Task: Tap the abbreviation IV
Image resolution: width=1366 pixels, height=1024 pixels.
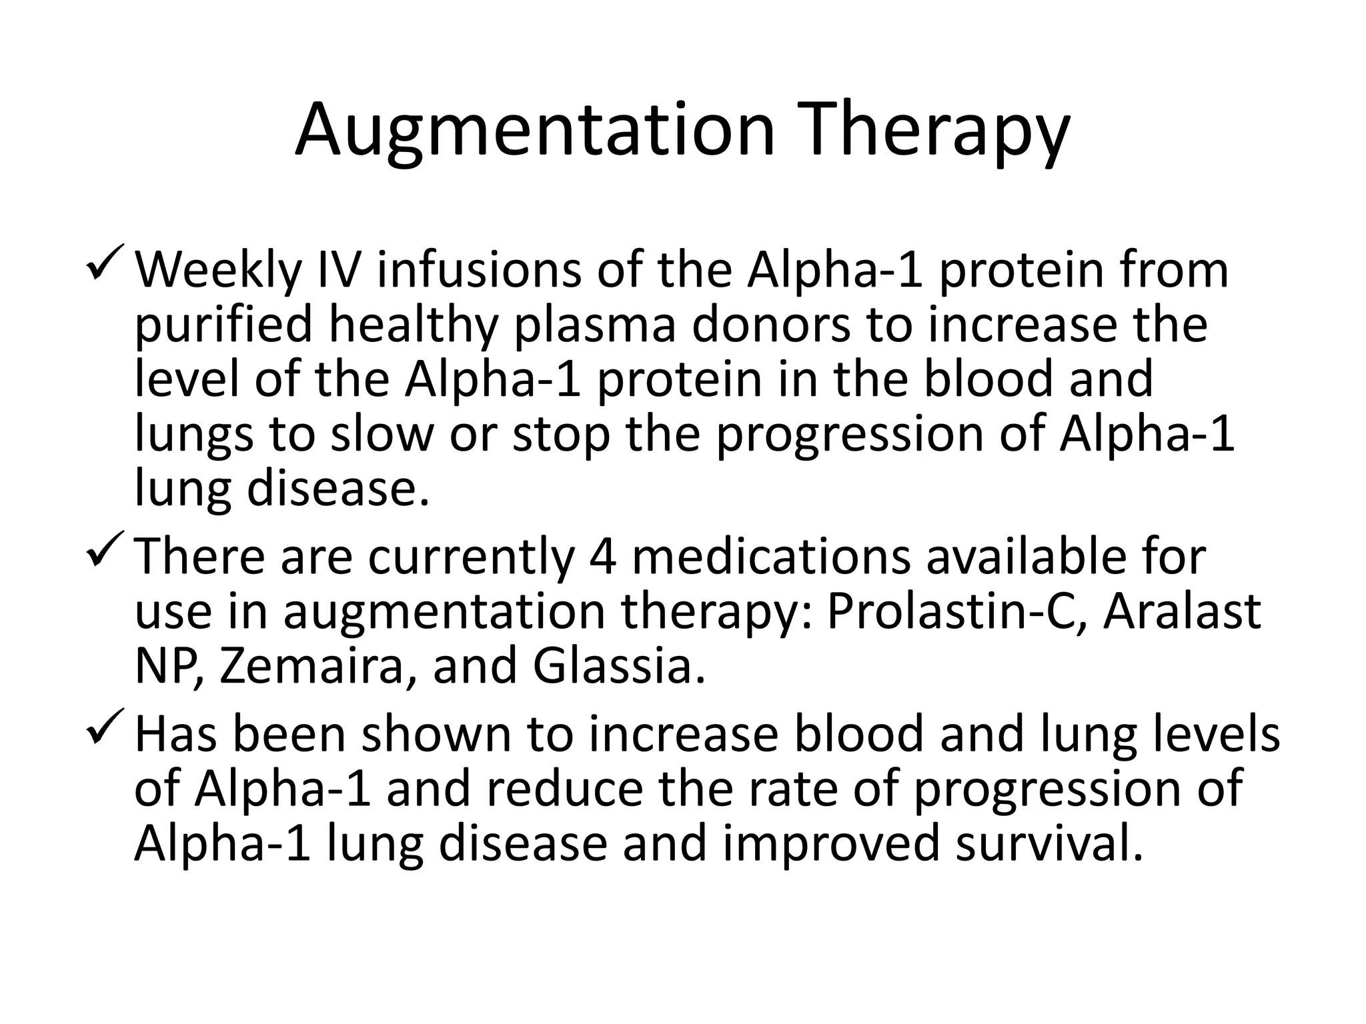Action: coord(337,270)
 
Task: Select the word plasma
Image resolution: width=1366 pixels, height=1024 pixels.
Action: coord(594,325)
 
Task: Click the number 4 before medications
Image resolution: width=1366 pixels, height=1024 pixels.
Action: coord(602,557)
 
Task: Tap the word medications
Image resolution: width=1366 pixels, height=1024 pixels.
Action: coord(770,557)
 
